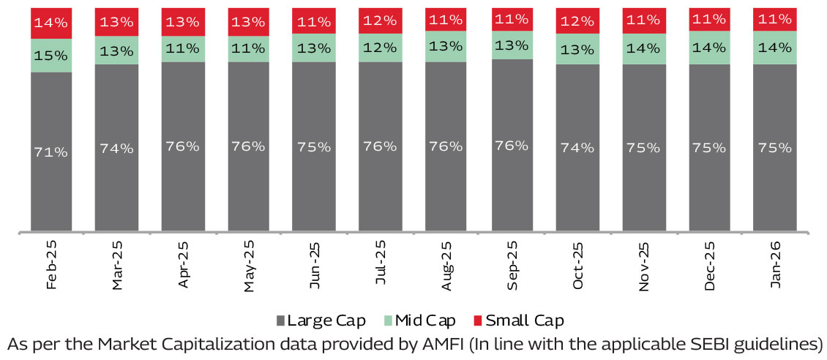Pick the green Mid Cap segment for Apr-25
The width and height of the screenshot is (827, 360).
point(183,48)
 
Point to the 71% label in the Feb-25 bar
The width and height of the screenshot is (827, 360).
point(51,151)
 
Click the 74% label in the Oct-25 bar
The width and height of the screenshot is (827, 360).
point(577,147)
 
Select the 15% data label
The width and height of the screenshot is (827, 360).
point(51,56)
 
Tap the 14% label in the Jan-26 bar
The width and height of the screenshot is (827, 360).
point(775,48)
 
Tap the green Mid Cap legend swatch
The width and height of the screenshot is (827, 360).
point(389,320)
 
